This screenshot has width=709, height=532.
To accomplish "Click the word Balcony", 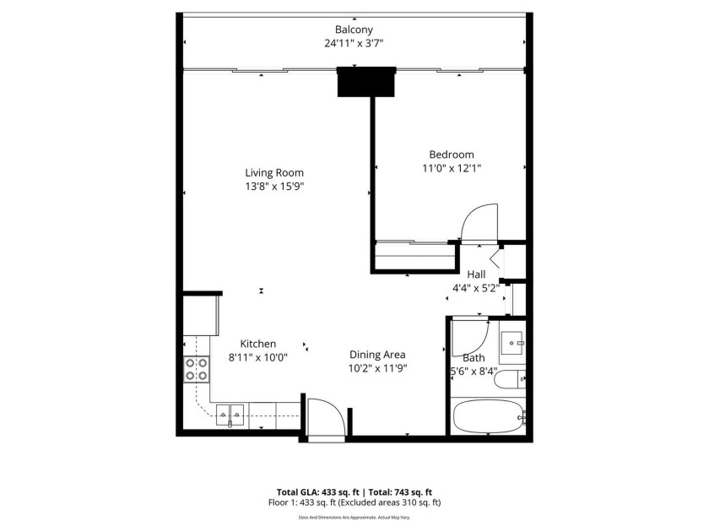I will [354, 30].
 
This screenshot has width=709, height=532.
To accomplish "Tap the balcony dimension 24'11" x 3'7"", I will [354, 43].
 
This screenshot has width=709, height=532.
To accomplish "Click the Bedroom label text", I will [452, 155].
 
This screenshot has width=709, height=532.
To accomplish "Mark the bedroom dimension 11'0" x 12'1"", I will [452, 168].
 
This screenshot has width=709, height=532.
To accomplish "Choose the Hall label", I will [476, 274].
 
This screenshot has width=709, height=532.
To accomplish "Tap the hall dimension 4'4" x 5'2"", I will [476, 287].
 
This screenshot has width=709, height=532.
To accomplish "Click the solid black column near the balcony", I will [366, 82].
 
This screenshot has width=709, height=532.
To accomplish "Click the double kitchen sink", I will [230, 413].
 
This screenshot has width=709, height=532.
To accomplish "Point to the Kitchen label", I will [258, 344].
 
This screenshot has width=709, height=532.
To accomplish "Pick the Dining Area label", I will [378, 355].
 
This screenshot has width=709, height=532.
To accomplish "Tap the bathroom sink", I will [512, 342].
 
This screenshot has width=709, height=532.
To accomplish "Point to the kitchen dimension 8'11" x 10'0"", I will [258, 357].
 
